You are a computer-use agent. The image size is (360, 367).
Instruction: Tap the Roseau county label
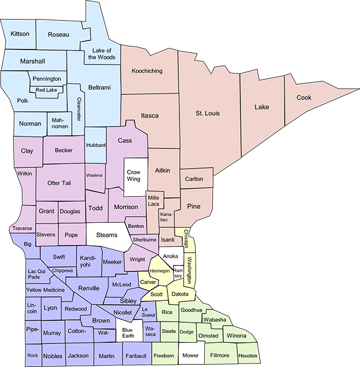click(x=58, y=35)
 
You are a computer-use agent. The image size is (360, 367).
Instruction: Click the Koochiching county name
click(x=147, y=71)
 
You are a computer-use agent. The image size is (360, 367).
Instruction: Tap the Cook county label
click(x=304, y=98)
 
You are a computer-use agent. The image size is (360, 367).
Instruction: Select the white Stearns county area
click(x=106, y=235)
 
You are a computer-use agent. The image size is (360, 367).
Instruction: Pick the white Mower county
click(x=192, y=355)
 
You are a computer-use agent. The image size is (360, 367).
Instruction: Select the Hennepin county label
click(x=159, y=270)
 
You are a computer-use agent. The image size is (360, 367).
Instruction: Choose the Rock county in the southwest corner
click(x=32, y=355)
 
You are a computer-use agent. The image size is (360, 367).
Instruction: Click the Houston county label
click(x=247, y=355)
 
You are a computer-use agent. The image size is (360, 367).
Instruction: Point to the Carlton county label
click(x=194, y=179)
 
